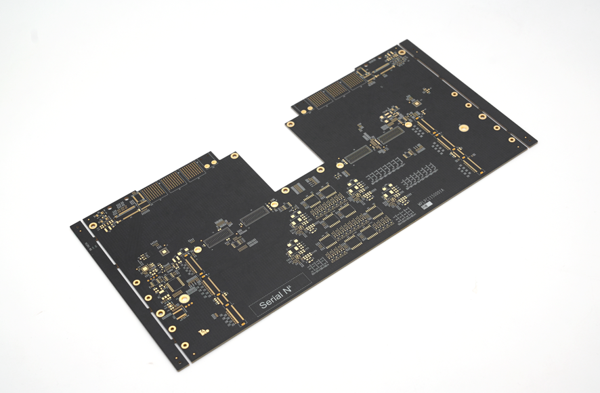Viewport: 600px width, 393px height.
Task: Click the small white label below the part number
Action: click(426, 208)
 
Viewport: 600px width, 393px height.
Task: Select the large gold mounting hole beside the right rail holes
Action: click(463, 127)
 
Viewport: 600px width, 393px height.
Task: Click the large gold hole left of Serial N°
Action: click(183, 299)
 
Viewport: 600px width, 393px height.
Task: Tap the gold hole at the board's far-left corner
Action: click(93, 225)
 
